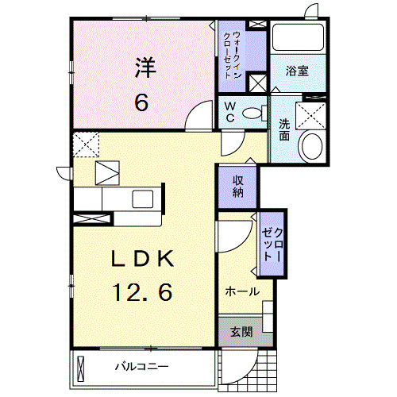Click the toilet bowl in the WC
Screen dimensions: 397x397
[x=255, y=113]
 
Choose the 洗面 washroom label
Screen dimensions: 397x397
[x=283, y=130]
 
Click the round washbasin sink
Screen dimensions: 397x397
[x=310, y=147]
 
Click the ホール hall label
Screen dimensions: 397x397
[x=241, y=291]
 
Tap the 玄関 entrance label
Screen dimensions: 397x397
[x=241, y=332]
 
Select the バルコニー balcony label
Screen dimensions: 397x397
[x=141, y=367]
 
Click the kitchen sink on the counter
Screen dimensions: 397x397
[x=142, y=198]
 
